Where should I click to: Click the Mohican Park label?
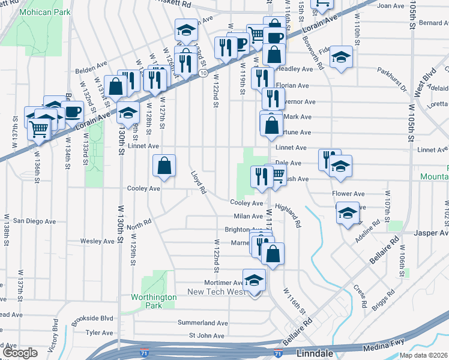pos(44,12)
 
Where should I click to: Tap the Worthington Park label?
pos(154,301)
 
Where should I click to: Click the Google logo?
pos(20,352)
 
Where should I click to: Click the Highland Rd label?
pos(288,215)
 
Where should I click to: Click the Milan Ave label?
pos(249,216)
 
